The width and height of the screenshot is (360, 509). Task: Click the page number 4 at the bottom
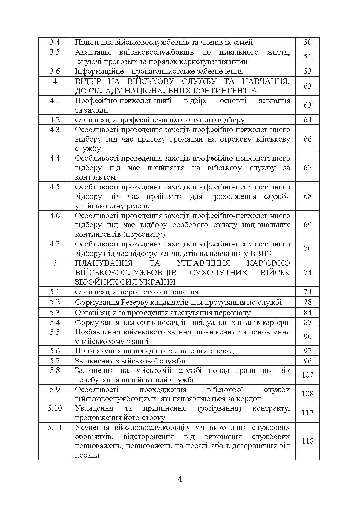(x=180, y=479)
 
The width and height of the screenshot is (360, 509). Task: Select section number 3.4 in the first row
(x=55, y=42)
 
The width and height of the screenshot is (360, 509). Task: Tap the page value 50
(x=307, y=42)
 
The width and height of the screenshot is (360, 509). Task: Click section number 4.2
(x=55, y=120)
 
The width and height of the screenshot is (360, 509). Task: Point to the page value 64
(x=307, y=120)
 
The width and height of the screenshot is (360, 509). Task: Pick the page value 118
(x=307, y=441)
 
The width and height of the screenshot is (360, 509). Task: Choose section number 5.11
(x=55, y=427)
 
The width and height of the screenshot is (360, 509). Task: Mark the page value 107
(x=307, y=375)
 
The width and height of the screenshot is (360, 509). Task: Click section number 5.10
(x=55, y=408)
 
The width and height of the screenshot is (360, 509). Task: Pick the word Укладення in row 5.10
(x=94, y=408)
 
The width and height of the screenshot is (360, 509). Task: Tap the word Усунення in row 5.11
(x=92, y=427)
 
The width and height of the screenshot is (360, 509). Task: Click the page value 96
(x=307, y=361)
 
